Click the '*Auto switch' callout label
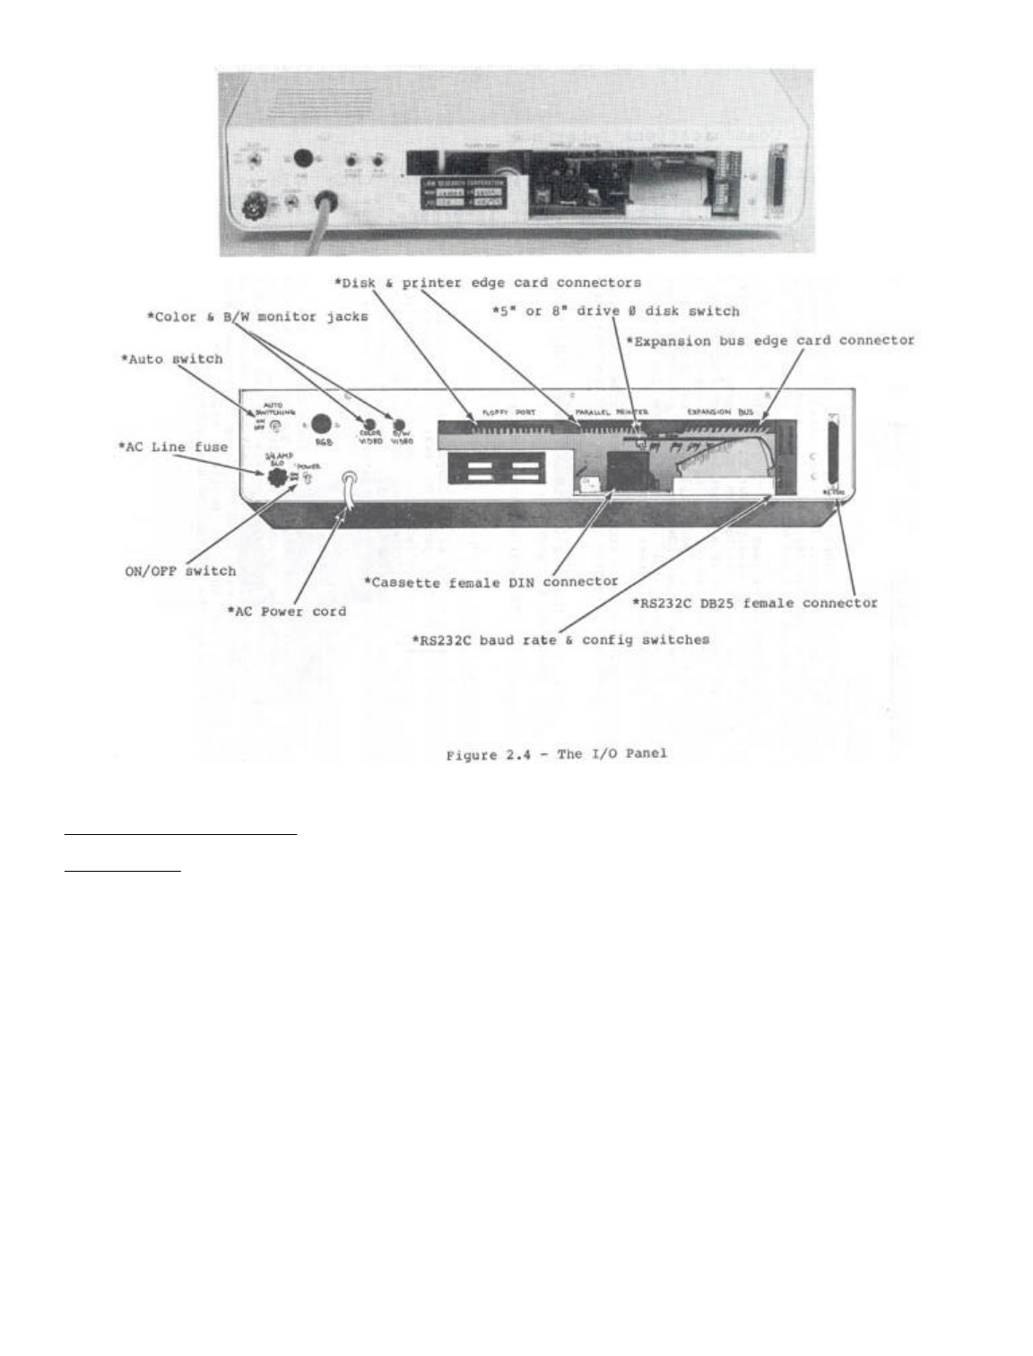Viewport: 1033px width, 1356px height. tap(171, 359)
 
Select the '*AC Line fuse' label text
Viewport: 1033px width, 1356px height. tap(173, 447)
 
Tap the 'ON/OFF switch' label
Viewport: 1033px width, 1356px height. tap(180, 570)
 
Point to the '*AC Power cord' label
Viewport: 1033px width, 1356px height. tap(284, 612)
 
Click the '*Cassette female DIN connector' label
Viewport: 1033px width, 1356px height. tap(490, 581)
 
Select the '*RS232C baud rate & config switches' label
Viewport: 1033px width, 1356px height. tap(560, 639)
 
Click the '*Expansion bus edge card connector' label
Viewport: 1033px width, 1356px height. tap(769, 341)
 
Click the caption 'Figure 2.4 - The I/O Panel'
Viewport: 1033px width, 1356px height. tap(556, 753)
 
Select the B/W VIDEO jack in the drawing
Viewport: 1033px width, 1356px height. tap(400, 423)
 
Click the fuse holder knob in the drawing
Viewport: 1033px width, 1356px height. tap(278, 475)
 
